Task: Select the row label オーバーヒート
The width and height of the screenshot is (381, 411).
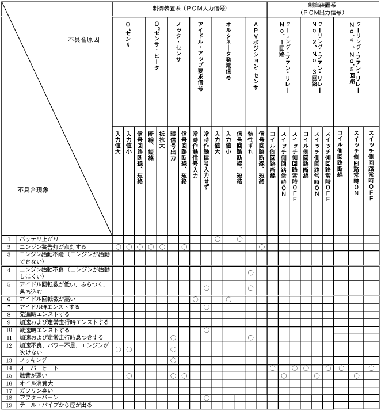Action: tap(36, 367)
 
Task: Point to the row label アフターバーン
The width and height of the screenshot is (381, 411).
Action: tap(37, 398)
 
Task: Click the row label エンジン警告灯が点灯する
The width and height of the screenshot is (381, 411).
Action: tap(52, 246)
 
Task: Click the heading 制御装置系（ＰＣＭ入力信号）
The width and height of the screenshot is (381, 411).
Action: tap(189, 9)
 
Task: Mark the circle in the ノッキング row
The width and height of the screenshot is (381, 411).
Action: tap(173, 360)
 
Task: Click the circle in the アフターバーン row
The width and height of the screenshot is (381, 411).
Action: tap(206, 398)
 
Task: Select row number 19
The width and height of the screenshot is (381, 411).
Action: tap(9, 405)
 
